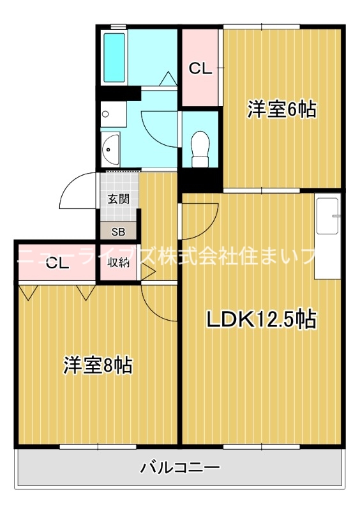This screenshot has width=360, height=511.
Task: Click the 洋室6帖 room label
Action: pos(281,109)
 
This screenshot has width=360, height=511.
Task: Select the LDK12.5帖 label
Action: pos(261,319)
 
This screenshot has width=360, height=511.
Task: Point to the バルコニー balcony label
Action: pos(180,468)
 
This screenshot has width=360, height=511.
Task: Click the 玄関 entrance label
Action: pos(118,199)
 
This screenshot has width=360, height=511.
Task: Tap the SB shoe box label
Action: pos(118,232)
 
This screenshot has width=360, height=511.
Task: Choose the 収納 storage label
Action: pos(118,263)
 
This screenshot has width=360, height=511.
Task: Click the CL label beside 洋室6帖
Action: pos(200,68)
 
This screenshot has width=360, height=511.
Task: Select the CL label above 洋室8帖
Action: pos(57,263)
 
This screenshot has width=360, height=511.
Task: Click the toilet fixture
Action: pos(200,149)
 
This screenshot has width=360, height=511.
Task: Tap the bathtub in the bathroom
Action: pos(114,57)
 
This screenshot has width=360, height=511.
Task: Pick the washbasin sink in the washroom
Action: pos(110,150)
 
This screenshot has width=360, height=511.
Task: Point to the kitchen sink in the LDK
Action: pos(327,216)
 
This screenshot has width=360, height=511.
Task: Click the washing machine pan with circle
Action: pos(114,114)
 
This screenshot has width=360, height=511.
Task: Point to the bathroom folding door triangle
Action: pos(168,79)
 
